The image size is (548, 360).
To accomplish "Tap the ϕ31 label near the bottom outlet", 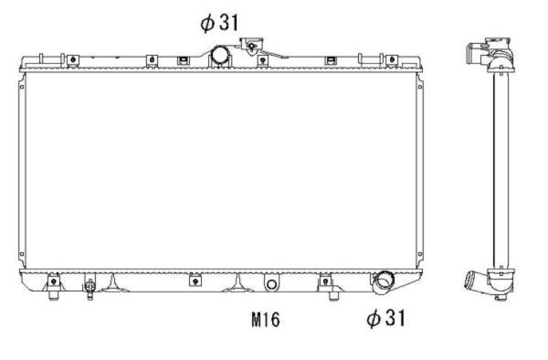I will pyautogui.click(x=385, y=318).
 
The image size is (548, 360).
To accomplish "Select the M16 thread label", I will pyautogui.click(x=265, y=320).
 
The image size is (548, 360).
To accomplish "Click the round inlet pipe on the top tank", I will pyautogui.click(x=221, y=55).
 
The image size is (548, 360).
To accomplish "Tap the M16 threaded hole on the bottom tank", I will pyautogui.click(x=270, y=284).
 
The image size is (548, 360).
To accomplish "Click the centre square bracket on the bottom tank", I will pyautogui.click(x=195, y=281).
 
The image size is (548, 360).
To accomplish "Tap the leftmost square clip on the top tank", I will pyautogui.click(x=69, y=61).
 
